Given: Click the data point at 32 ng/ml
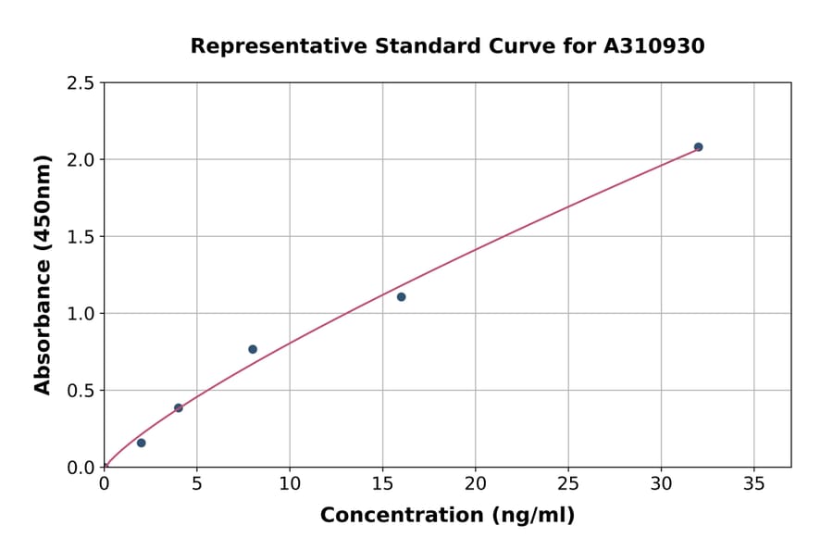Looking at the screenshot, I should tap(698, 147).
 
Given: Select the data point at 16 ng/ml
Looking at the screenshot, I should tap(401, 297).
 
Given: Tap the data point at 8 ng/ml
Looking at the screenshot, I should tap(253, 349).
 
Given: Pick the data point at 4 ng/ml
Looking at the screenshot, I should tap(179, 408).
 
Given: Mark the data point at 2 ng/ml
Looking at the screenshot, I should tap(142, 443).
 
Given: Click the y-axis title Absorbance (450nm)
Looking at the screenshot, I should tap(43, 275).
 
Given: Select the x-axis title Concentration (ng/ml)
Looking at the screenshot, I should tap(447, 516).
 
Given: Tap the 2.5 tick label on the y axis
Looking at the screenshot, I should tap(81, 83).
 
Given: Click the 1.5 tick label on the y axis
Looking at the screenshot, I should tap(81, 237).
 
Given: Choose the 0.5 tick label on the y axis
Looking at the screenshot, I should tap(81, 391).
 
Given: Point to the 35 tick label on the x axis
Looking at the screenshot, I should tap(753, 484).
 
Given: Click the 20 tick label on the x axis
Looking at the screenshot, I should tap(475, 484).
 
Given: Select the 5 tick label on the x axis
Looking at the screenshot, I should tap(196, 484).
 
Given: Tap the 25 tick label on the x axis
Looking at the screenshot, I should tap(567, 484).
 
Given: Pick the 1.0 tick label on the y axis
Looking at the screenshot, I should tap(81, 314).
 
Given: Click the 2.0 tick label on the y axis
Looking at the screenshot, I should tap(81, 160).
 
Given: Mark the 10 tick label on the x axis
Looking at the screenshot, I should tap(289, 484).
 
